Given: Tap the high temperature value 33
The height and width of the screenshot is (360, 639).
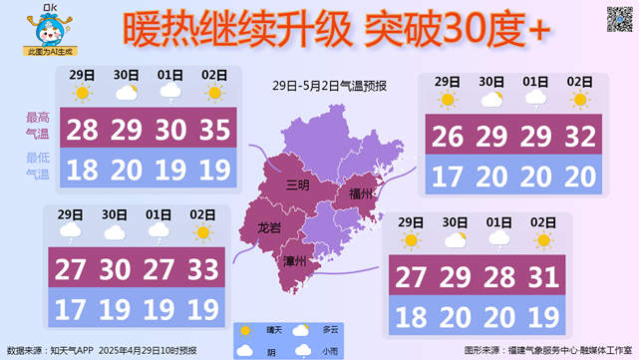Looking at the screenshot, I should click(203, 269).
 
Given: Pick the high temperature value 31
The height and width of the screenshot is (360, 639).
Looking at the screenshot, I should click(543, 277).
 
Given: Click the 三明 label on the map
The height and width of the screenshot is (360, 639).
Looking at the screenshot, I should click(297, 184).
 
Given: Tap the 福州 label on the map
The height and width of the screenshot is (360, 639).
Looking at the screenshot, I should click(361, 192).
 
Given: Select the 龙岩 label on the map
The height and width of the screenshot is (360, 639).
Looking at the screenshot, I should click(269, 228).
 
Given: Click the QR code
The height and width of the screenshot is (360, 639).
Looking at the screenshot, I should click(620, 19).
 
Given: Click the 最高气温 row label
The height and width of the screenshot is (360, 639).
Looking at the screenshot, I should click(37, 125).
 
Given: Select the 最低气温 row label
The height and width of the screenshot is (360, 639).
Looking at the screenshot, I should click(37, 167).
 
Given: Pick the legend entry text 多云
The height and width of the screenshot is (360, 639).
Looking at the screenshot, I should click(330, 330).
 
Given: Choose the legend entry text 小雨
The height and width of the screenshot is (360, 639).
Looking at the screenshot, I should click(330, 351).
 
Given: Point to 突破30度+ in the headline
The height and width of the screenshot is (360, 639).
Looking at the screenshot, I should click(458, 31).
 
